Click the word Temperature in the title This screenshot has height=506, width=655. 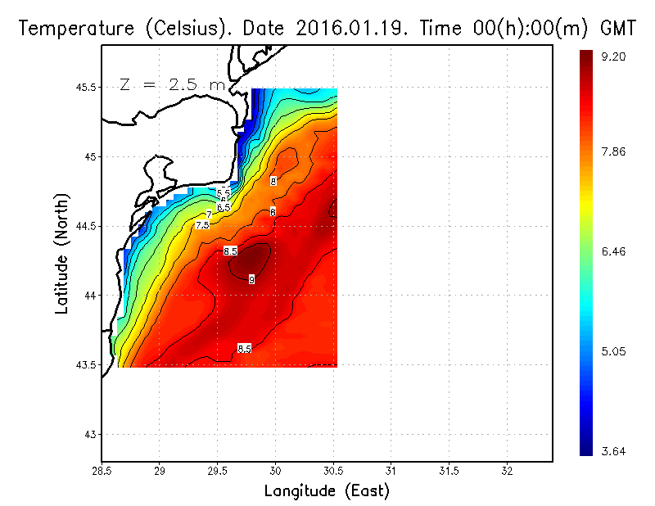point(70,29)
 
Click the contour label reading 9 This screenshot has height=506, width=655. point(251,280)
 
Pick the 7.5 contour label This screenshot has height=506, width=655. point(202,224)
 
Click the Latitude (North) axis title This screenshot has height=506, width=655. point(62,252)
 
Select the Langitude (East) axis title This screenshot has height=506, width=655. point(327,491)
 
